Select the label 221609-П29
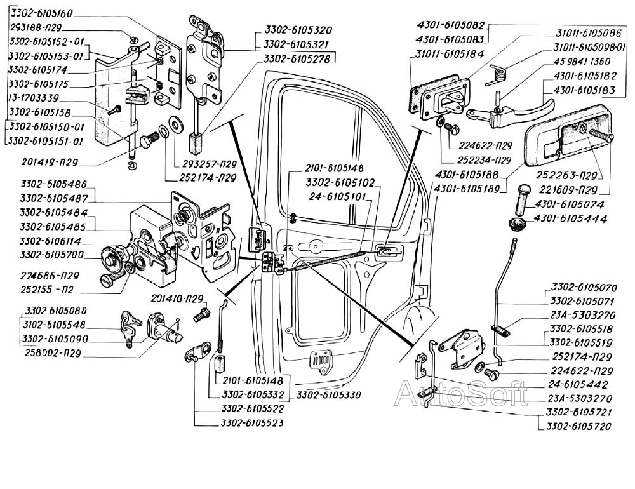pyautogui.click(x=566, y=190)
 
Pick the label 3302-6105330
pyautogui.click(x=328, y=395)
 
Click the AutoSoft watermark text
pyautogui.click(x=460, y=394)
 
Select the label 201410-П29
pyautogui.click(x=178, y=298)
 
